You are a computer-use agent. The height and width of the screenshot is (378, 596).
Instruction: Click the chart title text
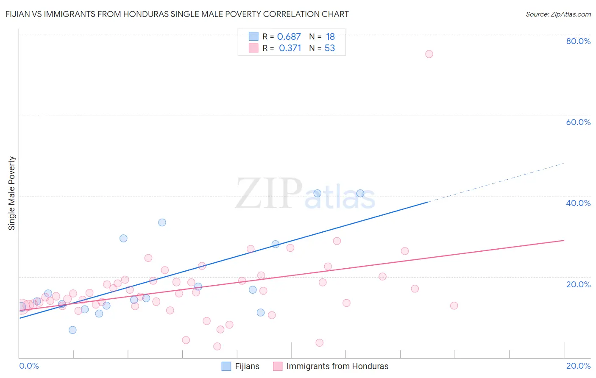[177, 14]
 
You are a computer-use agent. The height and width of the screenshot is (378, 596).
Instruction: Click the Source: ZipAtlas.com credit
[558, 14]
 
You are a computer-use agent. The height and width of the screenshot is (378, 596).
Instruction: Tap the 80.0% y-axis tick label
[578, 41]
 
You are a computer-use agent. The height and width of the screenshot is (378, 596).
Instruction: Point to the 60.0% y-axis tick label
[578, 122]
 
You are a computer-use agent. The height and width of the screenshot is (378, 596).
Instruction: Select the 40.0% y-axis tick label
[578, 203]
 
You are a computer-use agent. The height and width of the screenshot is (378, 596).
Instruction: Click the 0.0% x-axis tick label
[29, 366]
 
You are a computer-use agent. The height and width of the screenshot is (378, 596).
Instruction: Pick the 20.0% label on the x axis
[578, 366]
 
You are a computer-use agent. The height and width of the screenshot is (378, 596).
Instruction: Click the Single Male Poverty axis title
[12, 193]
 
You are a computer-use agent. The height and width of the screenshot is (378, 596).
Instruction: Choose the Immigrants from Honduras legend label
[337, 366]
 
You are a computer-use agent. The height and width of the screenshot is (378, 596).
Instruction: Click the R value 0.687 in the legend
[289, 37]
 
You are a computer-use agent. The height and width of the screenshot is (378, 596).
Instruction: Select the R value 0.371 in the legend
[290, 48]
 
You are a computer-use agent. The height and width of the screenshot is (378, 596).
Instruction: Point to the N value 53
[330, 48]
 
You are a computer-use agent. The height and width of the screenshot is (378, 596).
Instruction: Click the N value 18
[330, 37]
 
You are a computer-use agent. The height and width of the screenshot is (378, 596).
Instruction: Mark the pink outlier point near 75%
[429, 54]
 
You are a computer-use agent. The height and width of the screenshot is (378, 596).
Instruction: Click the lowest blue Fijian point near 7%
[72, 330]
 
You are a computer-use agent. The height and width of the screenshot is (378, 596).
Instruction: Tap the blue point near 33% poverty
[162, 222]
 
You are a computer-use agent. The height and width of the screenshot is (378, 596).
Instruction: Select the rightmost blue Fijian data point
[360, 193]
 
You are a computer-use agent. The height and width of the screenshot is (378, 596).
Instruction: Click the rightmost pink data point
[454, 306]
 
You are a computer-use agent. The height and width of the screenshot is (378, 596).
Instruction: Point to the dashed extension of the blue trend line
[496, 182]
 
